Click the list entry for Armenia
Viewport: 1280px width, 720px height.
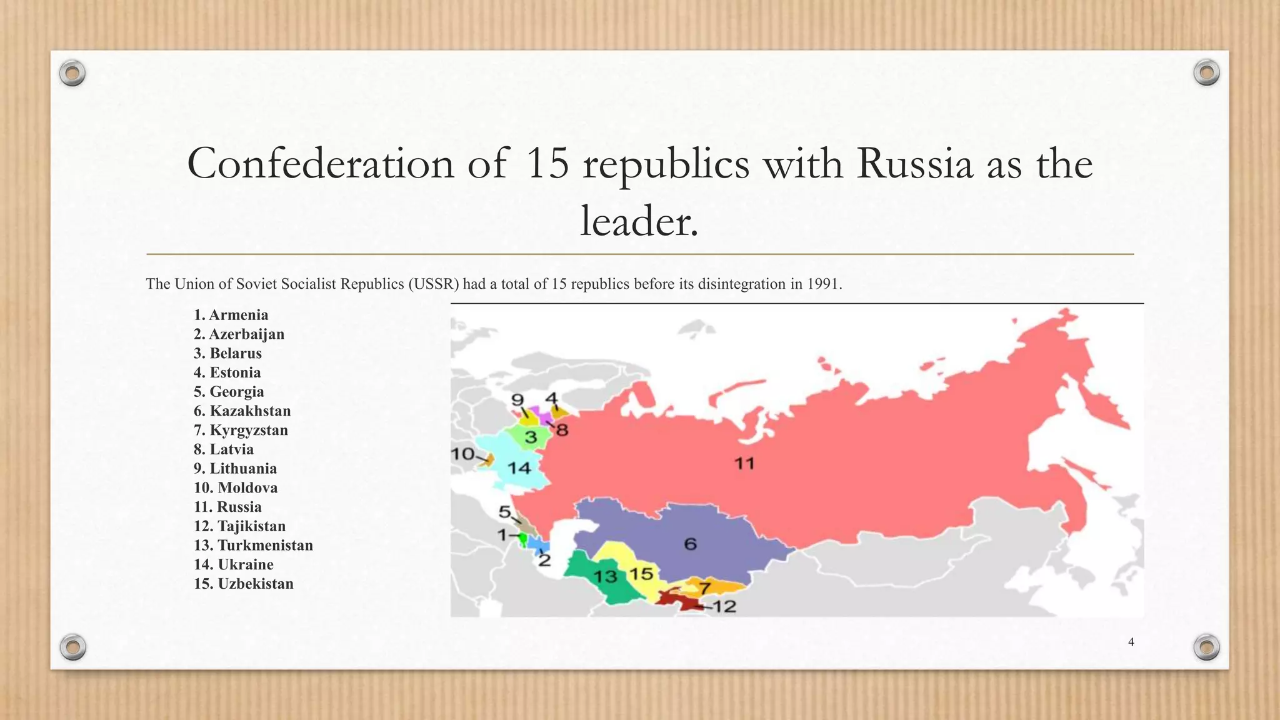231,315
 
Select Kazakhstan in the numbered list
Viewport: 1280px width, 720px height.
242,411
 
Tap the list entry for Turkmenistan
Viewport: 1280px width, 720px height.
253,546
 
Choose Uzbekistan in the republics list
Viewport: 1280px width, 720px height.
243,584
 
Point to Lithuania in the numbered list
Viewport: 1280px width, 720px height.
235,469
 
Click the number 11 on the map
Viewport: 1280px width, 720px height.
744,464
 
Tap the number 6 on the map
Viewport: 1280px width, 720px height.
690,544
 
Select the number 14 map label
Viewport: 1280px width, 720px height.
519,467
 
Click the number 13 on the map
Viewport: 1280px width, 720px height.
605,576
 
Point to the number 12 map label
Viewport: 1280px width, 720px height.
724,606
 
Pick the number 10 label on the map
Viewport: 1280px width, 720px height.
463,454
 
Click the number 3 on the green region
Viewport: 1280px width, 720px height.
531,437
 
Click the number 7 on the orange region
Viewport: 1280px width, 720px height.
704,588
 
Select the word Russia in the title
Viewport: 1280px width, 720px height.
914,164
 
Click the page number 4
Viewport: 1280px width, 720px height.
1131,642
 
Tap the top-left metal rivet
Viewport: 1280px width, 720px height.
72,74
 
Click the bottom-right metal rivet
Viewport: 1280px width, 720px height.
1206,647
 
